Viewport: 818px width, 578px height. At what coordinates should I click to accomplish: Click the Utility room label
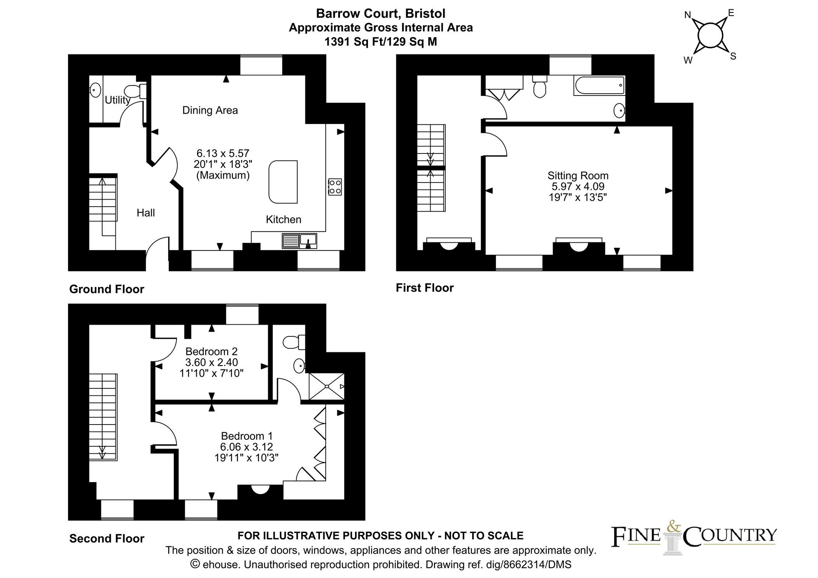coord(117,100)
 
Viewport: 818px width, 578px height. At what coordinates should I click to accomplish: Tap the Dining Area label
coord(210,110)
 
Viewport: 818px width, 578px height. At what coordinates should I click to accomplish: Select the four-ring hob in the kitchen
coord(335,186)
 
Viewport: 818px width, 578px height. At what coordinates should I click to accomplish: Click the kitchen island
coord(283,182)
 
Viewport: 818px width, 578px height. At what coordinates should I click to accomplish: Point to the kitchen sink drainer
coord(290,241)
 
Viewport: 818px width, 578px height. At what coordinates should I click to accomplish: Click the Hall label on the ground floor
coord(146,213)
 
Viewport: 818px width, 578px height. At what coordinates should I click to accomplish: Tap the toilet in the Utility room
coord(136,91)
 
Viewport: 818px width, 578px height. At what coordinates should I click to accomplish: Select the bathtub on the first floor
coord(599,85)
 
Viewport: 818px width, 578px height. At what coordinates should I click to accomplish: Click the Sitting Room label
coord(578,176)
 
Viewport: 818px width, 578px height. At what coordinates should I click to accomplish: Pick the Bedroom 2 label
coord(211,352)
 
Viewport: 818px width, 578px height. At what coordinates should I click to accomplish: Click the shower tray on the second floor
coord(326,386)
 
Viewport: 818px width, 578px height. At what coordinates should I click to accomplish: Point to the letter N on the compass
coord(687,15)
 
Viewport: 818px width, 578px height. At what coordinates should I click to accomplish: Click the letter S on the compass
coord(733,56)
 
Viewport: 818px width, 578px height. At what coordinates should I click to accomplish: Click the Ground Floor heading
coord(106,289)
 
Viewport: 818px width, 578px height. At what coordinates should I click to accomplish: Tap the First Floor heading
coord(425,288)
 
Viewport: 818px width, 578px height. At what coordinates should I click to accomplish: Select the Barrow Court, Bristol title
coord(381,14)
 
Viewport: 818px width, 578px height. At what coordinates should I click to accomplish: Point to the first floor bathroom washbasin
coord(619,111)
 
